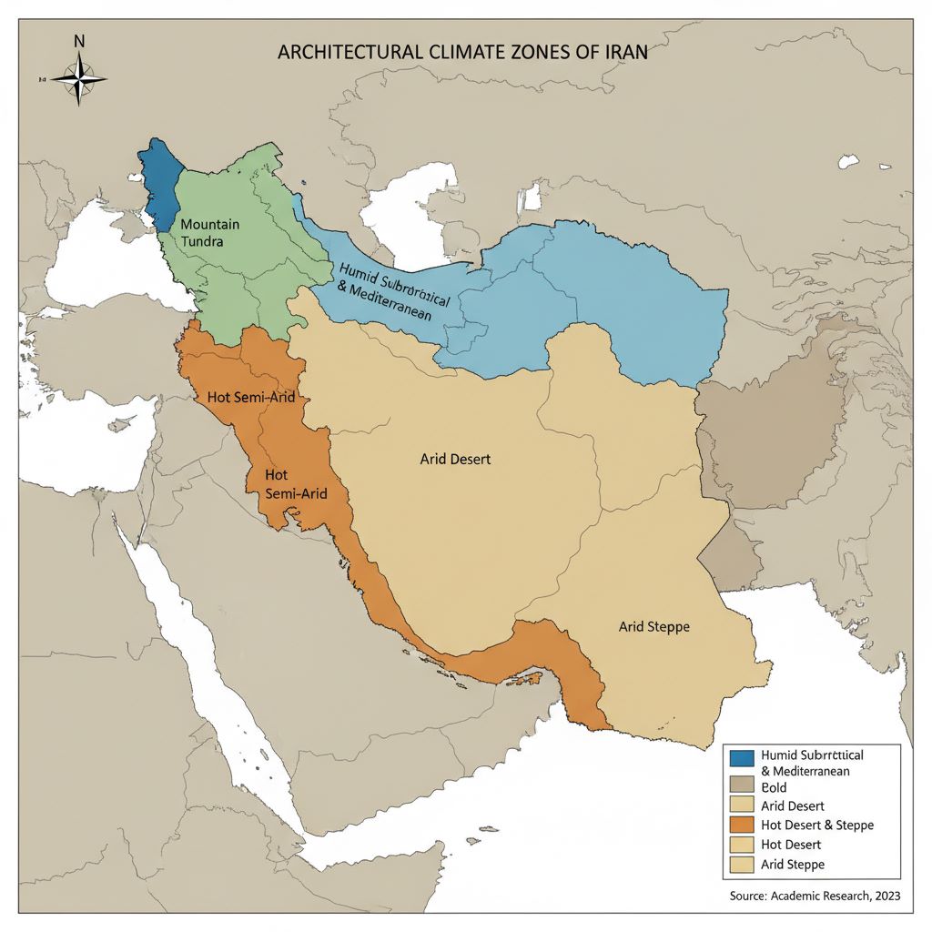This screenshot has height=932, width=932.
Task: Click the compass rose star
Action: (x=79, y=78)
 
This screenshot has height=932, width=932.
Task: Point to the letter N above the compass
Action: (x=79, y=41)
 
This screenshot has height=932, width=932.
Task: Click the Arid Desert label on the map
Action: (x=455, y=460)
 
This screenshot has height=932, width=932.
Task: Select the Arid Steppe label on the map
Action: (x=653, y=627)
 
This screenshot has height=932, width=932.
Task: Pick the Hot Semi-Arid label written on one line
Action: (x=248, y=398)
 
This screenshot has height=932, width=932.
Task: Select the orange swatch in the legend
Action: (x=742, y=825)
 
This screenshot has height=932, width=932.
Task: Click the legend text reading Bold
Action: (x=775, y=787)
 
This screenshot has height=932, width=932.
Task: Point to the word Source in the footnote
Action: (x=751, y=897)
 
